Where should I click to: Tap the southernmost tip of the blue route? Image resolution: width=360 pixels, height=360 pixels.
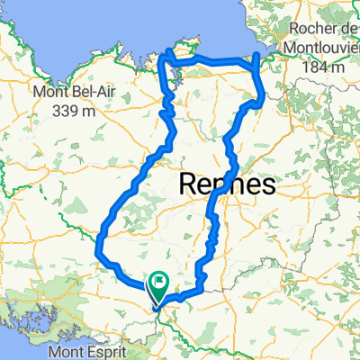tap(157, 312)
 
